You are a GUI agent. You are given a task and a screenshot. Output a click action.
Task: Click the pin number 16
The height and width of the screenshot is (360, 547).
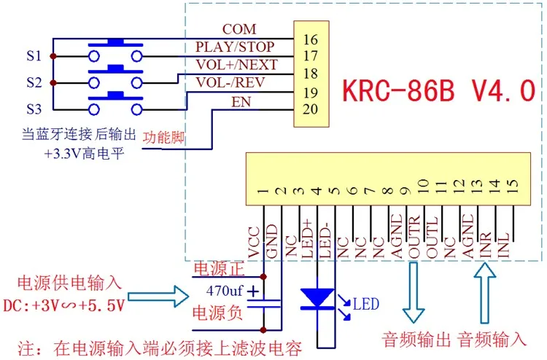click(x=310, y=39)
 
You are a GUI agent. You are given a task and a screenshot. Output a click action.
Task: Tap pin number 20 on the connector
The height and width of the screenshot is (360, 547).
click(x=310, y=109)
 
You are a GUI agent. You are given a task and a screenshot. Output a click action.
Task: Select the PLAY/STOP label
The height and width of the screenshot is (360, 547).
click(x=235, y=47)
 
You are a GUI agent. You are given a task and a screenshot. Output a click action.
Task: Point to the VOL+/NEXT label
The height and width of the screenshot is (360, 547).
click(x=236, y=64)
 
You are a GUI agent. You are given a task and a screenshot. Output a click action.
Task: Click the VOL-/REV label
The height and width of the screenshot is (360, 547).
click(x=230, y=82)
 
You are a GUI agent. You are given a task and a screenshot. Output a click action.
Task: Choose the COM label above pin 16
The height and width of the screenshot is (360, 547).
click(x=239, y=29)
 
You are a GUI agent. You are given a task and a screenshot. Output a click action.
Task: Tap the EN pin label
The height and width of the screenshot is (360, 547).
click(x=241, y=102)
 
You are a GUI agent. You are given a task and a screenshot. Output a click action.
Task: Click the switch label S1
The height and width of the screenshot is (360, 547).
click(x=34, y=56)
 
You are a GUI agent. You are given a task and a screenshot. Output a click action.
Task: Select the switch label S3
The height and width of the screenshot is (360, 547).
click(x=34, y=109)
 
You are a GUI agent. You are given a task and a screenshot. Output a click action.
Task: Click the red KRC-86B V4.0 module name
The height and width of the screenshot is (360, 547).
click(x=439, y=90)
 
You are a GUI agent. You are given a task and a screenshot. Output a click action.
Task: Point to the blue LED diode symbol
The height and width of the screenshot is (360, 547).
click(x=317, y=299)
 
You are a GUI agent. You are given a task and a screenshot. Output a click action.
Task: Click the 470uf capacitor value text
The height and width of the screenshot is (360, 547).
click(x=225, y=290)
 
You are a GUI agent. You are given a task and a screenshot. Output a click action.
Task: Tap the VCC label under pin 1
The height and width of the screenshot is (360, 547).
click(x=254, y=243)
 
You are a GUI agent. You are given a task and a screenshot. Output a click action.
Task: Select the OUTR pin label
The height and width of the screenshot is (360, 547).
click(x=414, y=237)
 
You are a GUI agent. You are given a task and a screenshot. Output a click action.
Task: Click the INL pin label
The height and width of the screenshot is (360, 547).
click(x=503, y=246)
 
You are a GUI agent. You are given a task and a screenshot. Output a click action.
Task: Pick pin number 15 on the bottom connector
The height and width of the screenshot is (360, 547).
click(x=512, y=186)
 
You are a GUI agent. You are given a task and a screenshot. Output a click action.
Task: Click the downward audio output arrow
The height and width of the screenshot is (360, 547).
click(x=414, y=293)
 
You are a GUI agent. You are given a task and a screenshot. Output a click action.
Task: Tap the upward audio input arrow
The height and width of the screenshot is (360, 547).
click(x=484, y=293)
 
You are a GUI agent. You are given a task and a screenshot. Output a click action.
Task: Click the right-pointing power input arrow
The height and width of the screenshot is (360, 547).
click(x=158, y=297)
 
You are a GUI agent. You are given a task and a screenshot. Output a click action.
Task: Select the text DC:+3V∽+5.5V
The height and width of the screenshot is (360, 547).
click(x=64, y=305)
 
